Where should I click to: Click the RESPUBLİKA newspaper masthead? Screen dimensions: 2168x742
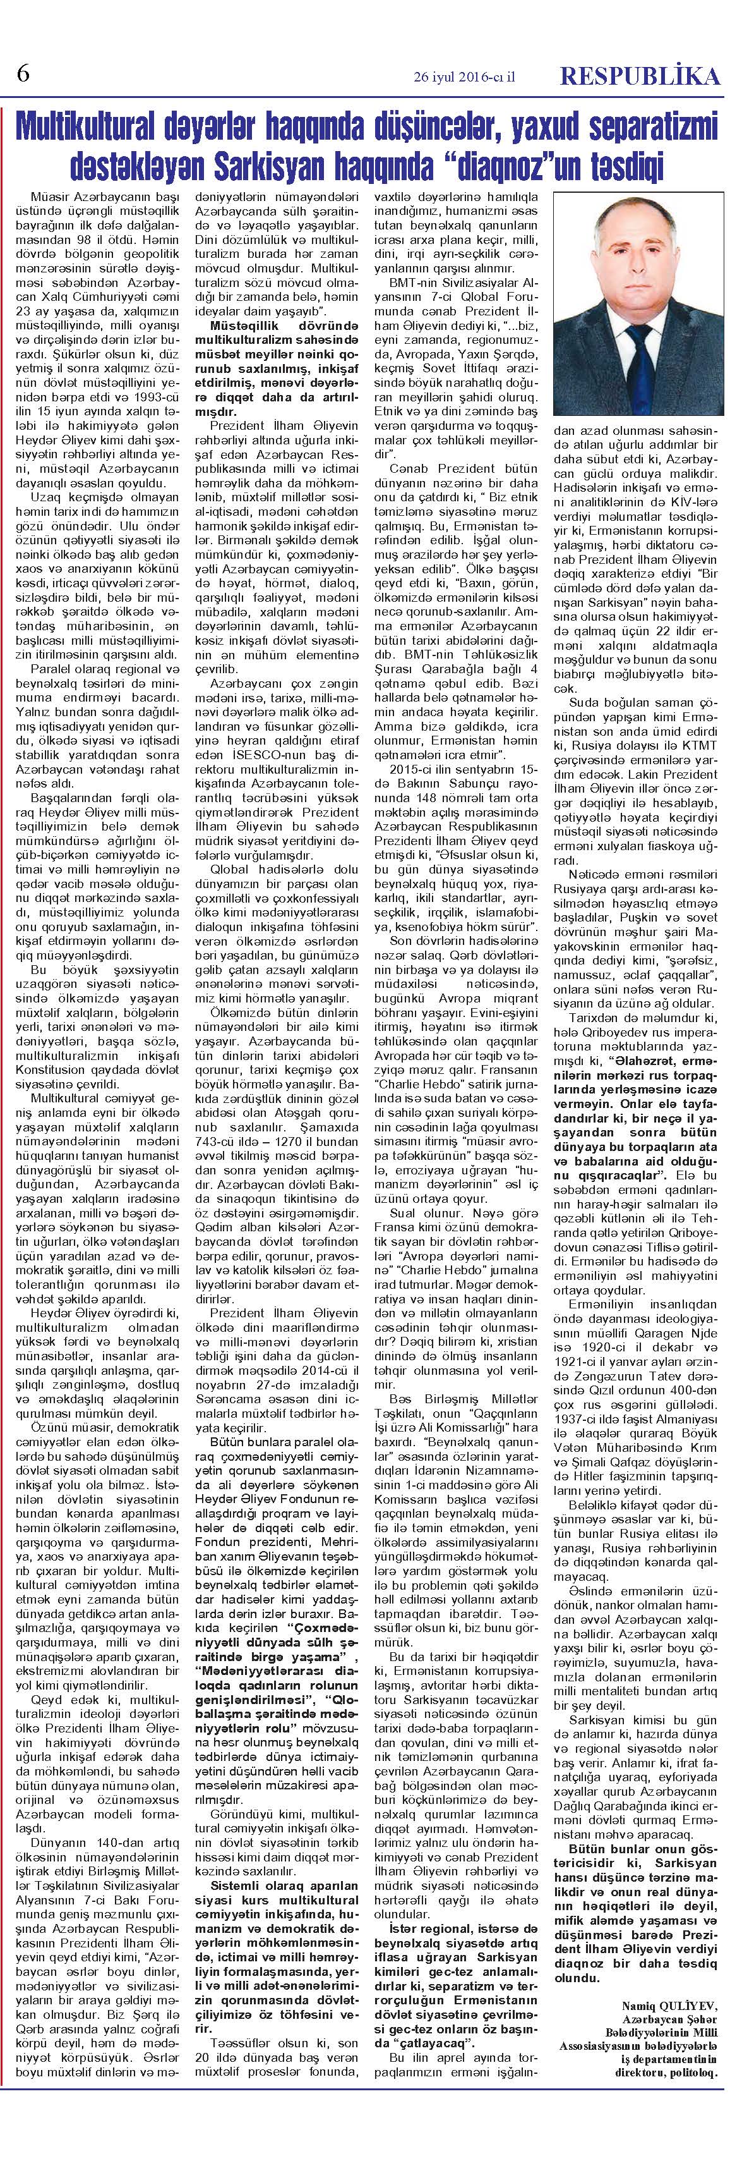[x=640, y=76]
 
